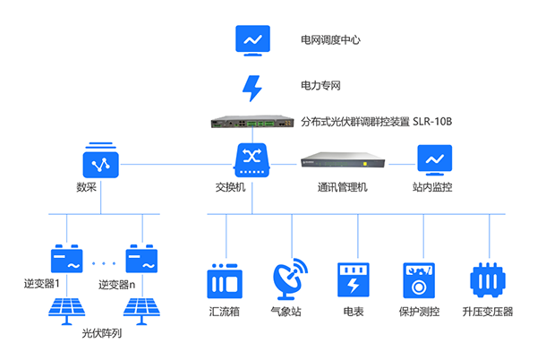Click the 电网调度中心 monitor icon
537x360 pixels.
pyautogui.click(x=252, y=40)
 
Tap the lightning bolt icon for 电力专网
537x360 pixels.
pyautogui.click(x=252, y=88)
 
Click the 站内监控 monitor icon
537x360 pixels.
pyautogui.click(x=434, y=159)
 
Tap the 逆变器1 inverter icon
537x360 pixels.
pyautogui.click(x=69, y=260)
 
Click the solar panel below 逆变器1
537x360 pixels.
pyautogui.click(x=70, y=309)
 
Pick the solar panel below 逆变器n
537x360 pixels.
pyautogui.click(x=144, y=309)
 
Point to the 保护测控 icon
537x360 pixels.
pyautogui.click(x=420, y=280)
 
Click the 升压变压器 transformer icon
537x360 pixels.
pyautogui.click(x=488, y=280)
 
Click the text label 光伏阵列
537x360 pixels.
pyautogui.click(x=101, y=334)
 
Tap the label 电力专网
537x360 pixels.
pyautogui.click(x=320, y=87)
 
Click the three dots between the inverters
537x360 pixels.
pyautogui.click(x=105, y=263)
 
